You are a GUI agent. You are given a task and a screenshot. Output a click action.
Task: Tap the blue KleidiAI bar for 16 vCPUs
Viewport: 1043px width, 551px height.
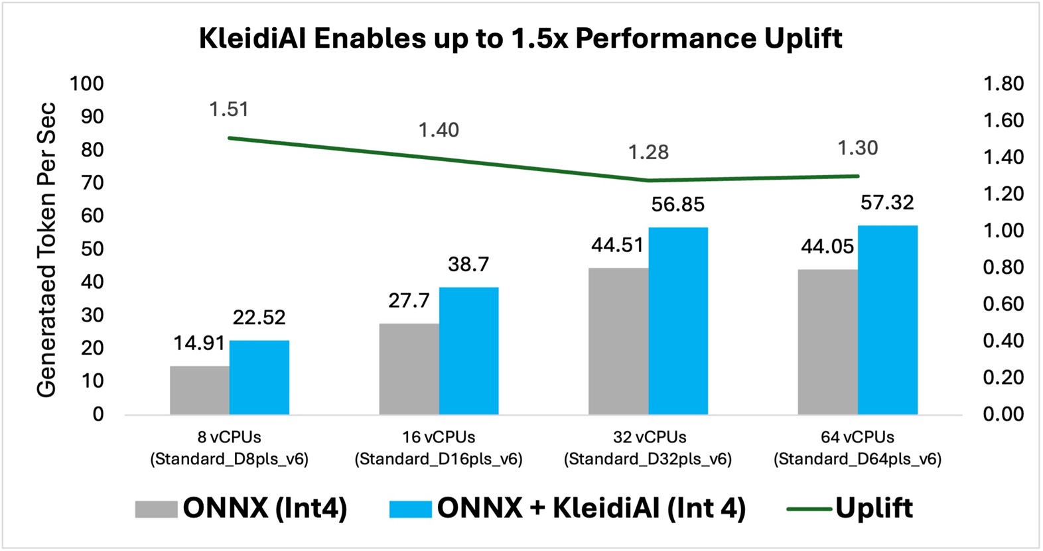point(468,351)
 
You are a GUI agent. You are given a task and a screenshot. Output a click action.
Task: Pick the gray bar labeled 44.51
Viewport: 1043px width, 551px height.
point(618,341)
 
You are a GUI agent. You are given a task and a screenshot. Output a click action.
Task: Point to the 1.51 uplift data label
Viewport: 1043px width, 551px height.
point(229,109)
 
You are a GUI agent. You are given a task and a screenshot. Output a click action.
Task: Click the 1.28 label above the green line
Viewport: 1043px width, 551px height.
point(648,153)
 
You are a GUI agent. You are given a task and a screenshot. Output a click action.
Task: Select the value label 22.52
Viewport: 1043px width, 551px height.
point(259,318)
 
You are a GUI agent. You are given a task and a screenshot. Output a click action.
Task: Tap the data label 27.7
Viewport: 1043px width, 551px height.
point(409,301)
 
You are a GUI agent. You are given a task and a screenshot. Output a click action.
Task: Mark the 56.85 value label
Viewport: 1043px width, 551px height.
point(677,205)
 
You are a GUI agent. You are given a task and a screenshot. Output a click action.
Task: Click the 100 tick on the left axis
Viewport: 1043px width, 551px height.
point(87,84)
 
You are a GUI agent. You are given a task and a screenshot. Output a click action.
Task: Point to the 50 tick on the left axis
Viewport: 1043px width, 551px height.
point(92,249)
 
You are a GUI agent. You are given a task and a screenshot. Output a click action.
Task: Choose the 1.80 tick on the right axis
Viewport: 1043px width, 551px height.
point(1003,84)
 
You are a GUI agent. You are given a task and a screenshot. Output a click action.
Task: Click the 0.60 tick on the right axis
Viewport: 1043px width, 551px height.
point(1003,304)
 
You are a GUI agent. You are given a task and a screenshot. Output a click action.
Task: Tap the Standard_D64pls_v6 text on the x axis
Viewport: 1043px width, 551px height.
point(857,459)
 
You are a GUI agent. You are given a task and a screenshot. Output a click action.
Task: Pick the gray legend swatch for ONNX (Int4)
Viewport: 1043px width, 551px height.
point(156,509)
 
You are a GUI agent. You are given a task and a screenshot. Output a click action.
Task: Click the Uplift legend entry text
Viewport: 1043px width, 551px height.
point(874,508)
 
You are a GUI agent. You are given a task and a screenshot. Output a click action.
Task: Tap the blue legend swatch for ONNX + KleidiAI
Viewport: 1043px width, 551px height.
point(410,509)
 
